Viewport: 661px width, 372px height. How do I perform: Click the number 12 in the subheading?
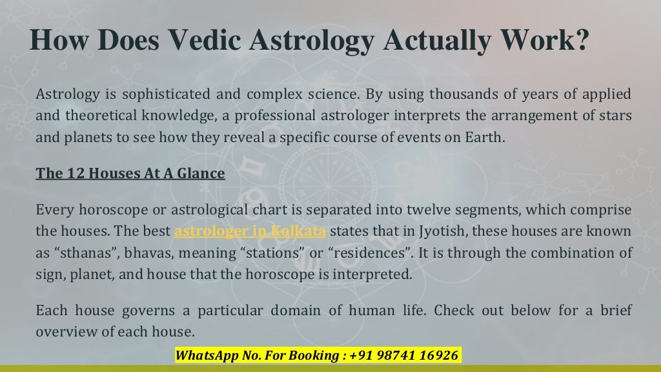66,174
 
